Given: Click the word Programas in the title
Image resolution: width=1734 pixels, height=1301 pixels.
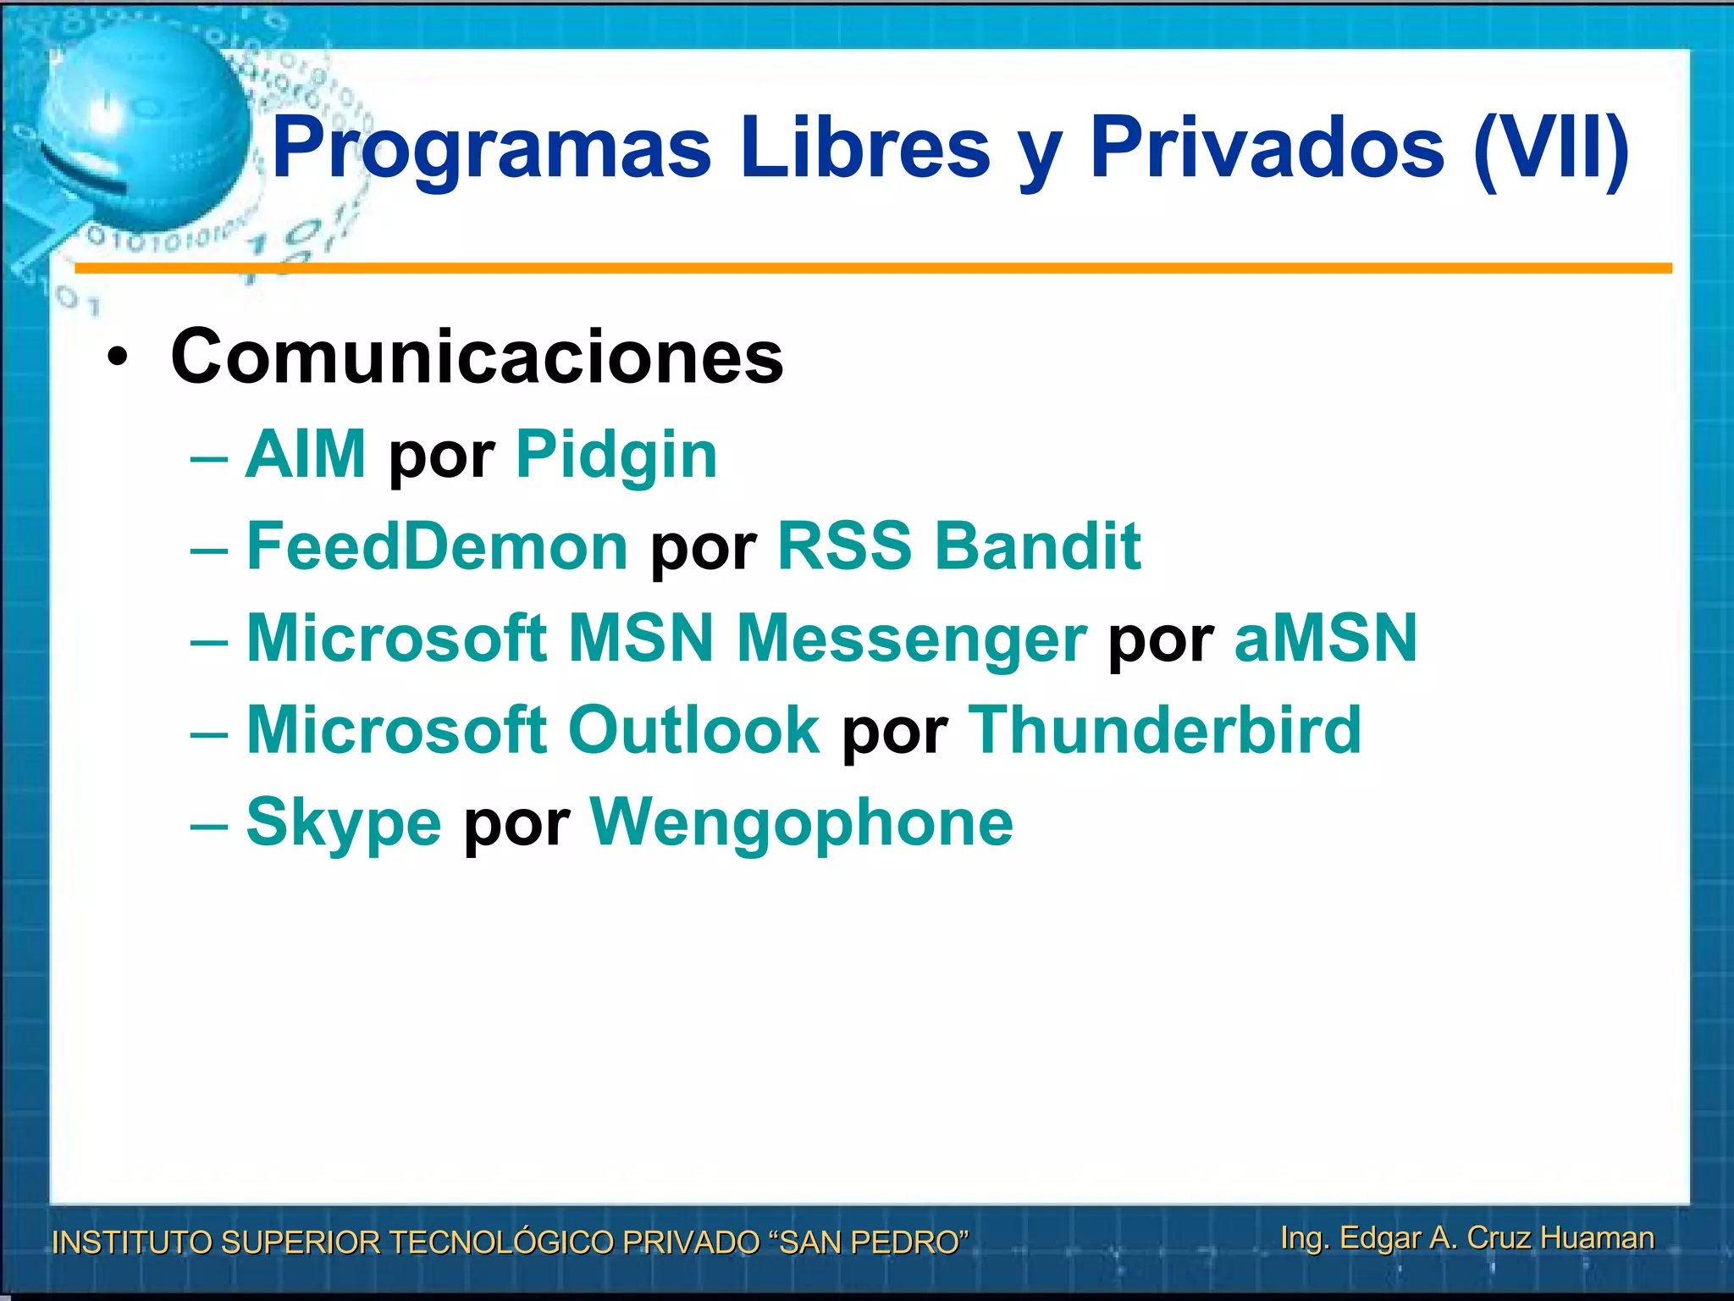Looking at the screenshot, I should click(x=491, y=149).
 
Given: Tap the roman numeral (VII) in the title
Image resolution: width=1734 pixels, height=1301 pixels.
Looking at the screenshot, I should click(x=1551, y=149).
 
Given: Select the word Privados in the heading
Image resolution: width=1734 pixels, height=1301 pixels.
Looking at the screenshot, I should click(x=1267, y=149).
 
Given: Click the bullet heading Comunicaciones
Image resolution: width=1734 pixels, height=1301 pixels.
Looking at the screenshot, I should click(x=477, y=357).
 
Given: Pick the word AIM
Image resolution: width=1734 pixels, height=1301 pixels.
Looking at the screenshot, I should click(x=306, y=455).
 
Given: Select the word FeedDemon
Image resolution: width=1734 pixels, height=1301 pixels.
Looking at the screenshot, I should click(x=437, y=546).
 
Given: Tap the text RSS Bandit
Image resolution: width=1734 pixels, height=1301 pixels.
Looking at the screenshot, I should click(x=959, y=546).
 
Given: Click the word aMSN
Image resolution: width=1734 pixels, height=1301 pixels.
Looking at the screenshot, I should click(x=1325, y=638).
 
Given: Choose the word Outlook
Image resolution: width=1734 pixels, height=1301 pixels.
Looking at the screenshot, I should click(x=693, y=730).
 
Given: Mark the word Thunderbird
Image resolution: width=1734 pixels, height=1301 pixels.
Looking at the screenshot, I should click(x=1164, y=730).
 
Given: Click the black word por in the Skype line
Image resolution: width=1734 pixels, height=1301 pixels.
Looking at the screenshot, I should click(x=516, y=826).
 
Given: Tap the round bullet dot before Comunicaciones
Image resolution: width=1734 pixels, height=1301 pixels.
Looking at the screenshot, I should click(x=119, y=359).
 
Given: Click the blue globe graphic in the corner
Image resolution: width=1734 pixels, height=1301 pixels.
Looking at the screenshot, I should click(x=144, y=127).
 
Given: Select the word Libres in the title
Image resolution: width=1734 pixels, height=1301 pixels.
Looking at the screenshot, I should click(x=864, y=149).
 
